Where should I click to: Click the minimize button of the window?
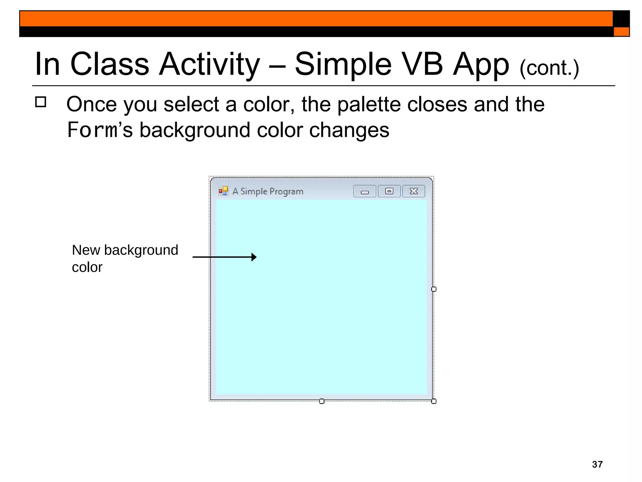click(365, 191)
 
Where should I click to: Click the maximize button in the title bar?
click(389, 191)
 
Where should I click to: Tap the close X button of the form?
click(414, 191)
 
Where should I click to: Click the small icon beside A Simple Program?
click(223, 191)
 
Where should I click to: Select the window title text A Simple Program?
click(268, 191)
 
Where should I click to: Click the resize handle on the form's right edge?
click(434, 289)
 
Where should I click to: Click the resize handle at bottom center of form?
click(322, 401)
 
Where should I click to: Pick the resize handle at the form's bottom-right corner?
click(434, 401)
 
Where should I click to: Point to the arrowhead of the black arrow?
click(254, 257)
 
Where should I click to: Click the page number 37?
click(597, 464)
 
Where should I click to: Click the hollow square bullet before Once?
click(41, 102)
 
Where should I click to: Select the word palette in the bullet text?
click(369, 104)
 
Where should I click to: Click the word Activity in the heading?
click(209, 64)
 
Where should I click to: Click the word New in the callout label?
click(86, 250)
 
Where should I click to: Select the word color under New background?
click(87, 267)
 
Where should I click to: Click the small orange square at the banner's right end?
click(621, 32)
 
